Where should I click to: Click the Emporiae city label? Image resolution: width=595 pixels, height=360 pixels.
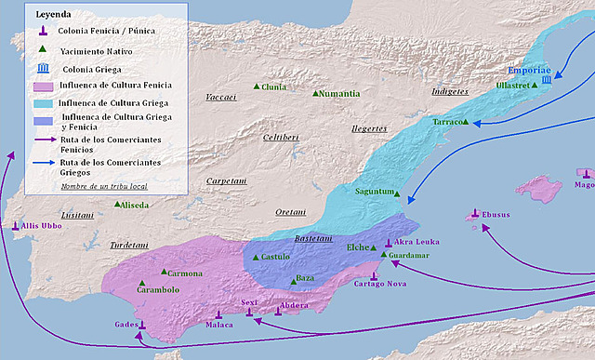(530, 70)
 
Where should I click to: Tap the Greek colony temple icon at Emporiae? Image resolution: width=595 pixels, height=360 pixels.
(546, 81)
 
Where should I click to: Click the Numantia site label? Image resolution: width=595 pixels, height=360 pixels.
(339, 94)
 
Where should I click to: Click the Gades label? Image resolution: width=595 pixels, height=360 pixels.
(126, 324)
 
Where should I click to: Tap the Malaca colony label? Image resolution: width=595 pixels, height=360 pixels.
(218, 326)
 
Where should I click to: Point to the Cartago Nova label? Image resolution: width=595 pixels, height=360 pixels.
(381, 283)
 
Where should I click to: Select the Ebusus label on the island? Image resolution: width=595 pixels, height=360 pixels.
(496, 216)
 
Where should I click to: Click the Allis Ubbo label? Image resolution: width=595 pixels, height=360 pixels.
(43, 226)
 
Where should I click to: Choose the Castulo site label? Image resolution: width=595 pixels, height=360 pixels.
(275, 256)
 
